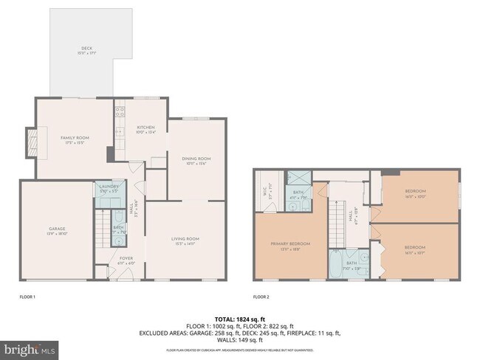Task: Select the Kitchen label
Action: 145,130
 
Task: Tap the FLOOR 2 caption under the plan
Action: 261,297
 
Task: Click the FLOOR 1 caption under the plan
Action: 27,297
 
